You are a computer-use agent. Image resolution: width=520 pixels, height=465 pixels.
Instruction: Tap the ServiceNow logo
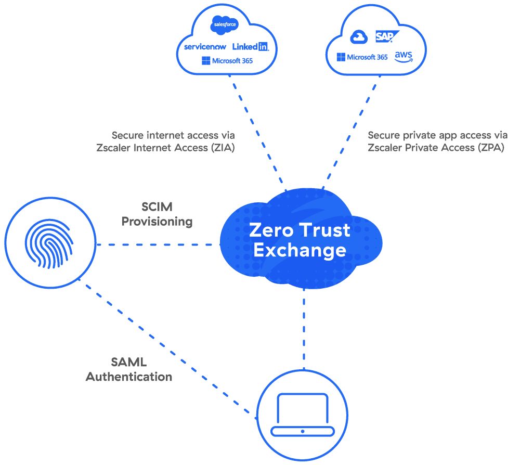(205, 47)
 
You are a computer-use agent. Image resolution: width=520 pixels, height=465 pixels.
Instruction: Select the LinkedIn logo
(250, 46)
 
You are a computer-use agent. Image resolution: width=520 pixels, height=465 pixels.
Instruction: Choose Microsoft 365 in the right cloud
(362, 57)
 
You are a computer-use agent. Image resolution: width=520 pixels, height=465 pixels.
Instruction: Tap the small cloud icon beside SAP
(359, 37)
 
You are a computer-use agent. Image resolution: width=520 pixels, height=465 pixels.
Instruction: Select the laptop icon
(303, 414)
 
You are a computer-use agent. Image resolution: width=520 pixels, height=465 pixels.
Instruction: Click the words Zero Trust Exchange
(300, 240)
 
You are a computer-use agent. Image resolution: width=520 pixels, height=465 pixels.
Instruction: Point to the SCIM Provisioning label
(157, 214)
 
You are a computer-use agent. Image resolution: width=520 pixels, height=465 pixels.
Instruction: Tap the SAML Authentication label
(129, 369)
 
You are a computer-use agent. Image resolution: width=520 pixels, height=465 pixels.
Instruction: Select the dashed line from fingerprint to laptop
(166, 348)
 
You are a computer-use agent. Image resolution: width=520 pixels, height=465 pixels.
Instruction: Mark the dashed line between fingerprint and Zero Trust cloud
(156, 244)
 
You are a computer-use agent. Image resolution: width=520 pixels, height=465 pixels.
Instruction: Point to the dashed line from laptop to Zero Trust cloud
(304, 328)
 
